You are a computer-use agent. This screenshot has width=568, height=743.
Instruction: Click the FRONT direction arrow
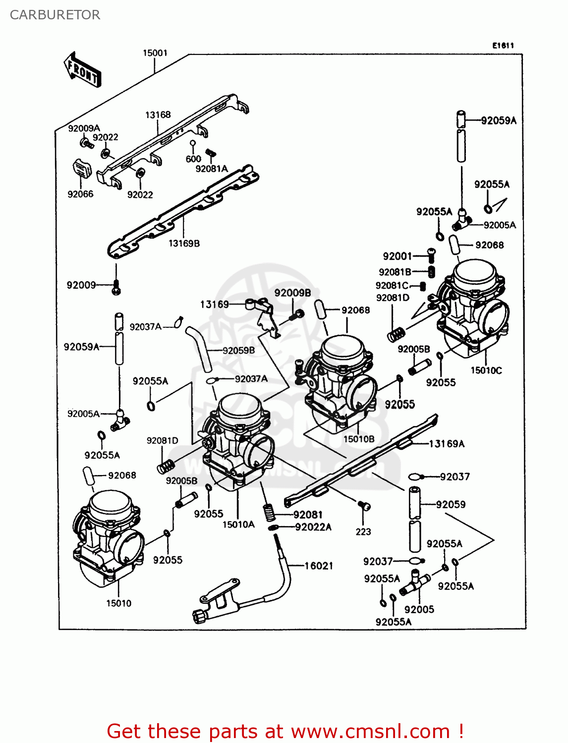[82, 70]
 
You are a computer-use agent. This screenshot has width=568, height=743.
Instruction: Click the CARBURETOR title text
[55, 15]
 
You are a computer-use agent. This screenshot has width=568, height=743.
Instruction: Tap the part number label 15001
[155, 53]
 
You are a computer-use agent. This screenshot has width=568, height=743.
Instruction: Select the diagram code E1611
[503, 46]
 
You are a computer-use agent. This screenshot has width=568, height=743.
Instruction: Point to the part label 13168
[158, 115]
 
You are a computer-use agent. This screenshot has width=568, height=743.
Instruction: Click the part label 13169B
[184, 243]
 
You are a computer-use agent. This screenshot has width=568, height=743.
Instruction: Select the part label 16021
[319, 566]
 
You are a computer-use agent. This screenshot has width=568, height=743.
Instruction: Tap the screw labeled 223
[364, 506]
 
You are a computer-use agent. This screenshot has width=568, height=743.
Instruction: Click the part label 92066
[80, 194]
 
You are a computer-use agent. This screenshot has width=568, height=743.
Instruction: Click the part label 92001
[397, 256]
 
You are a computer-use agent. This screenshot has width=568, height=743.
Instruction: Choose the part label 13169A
[447, 444]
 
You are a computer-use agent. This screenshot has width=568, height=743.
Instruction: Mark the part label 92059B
[238, 351]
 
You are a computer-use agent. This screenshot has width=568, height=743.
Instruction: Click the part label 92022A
[313, 527]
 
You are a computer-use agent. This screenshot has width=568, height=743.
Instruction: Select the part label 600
[193, 159]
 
